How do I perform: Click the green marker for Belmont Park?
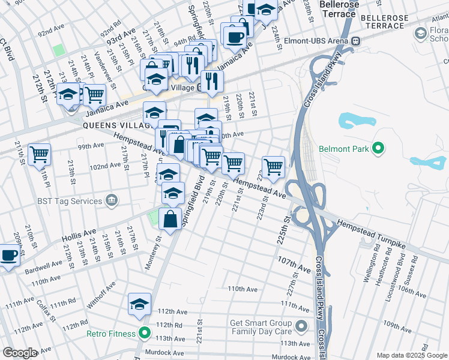378,148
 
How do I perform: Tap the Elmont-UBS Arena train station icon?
355,40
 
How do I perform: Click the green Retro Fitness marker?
144,334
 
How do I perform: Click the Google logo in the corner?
20,353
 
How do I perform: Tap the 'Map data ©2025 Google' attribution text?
412,355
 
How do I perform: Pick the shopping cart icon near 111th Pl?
40,154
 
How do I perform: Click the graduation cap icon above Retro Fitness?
139,304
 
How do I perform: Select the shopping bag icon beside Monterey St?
170,219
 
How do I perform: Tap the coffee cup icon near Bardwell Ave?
8,254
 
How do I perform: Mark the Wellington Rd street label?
376,254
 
